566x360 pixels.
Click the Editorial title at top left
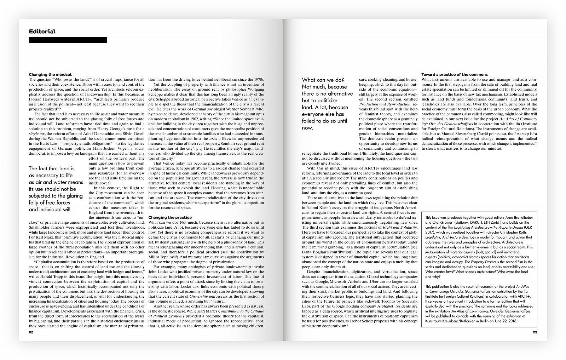click(42, 32)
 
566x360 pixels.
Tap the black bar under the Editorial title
click(68, 40)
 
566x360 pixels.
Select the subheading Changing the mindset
click(50, 75)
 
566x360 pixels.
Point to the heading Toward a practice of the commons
click(455, 75)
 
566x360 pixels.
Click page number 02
click(31, 332)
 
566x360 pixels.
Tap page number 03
click(535, 332)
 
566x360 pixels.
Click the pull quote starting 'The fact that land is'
click(56, 189)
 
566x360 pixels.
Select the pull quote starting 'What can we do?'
click(327, 104)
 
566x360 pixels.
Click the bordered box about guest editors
click(479, 269)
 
